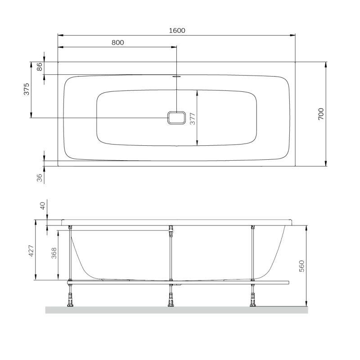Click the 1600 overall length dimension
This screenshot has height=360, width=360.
(x=177, y=31)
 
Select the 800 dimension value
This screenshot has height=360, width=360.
(x=118, y=42)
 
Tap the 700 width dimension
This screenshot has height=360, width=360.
(x=321, y=114)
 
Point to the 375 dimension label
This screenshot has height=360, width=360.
(x=27, y=89)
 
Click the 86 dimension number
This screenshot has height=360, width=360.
(x=40, y=67)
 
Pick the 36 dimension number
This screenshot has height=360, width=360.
(x=40, y=178)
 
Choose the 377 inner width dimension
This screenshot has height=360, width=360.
(x=193, y=119)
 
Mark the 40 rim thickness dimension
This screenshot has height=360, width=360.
(x=43, y=206)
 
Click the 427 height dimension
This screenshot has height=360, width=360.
(x=31, y=251)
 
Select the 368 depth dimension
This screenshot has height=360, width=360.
(x=54, y=253)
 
